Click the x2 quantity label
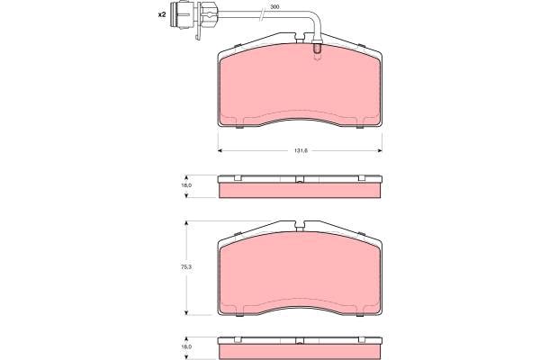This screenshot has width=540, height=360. (162, 14)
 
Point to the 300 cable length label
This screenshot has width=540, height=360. (274, 6)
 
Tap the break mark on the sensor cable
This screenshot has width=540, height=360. (263, 14)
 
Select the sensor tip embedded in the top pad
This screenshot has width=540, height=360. (317, 50)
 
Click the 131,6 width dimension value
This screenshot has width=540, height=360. (301, 150)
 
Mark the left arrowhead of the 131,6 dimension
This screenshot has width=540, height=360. (220, 150)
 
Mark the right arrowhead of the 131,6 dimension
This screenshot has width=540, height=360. (380, 150)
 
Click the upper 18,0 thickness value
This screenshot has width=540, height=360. (186, 185)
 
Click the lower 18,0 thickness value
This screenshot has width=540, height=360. (186, 346)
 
